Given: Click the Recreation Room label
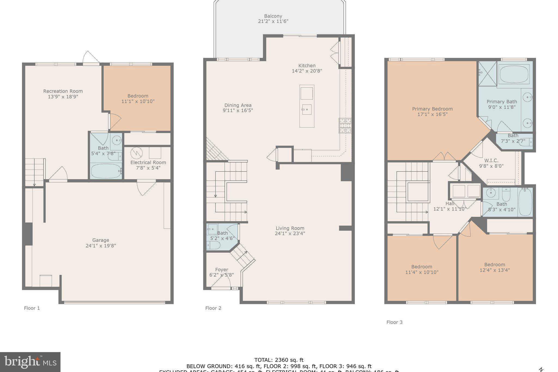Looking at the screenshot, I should [63, 91].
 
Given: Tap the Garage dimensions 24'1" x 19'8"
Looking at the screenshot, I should [101, 246].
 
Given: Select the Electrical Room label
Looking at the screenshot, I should [148, 162].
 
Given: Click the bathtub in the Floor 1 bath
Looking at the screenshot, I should [106, 171].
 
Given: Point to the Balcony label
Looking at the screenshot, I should [273, 16].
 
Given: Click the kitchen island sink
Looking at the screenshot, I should [307, 110].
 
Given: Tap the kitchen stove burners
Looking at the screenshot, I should [345, 125].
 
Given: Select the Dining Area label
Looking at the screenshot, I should [238, 105].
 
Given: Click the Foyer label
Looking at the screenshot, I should [222, 270].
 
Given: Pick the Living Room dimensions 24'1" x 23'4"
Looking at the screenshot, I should [290, 234].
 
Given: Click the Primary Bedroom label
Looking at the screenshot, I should [432, 109].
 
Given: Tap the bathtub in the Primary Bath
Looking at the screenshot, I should [514, 74].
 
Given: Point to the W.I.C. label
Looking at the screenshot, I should [491, 161].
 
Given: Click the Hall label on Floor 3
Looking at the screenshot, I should [450, 204].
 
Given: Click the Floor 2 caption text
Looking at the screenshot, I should [213, 308].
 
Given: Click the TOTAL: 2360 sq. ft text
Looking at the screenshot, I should [279, 360].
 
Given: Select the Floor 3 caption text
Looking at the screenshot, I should [394, 322].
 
